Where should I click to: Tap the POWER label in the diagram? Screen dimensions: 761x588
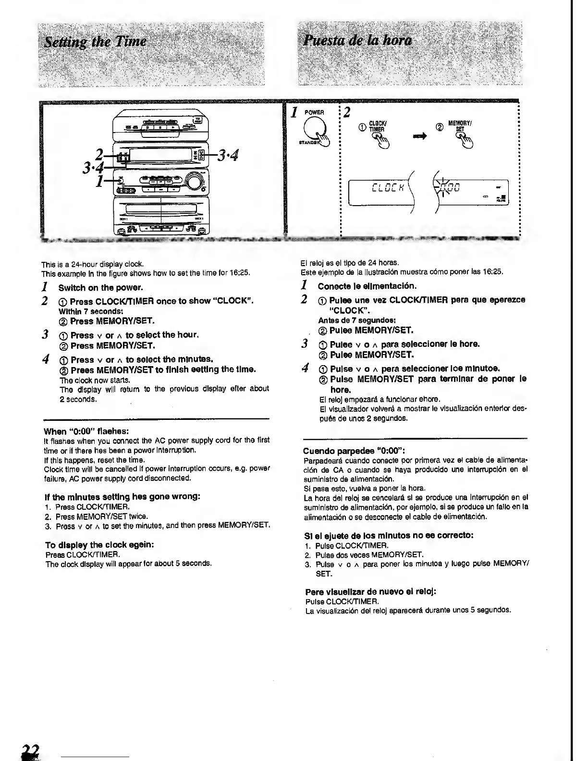[315, 112]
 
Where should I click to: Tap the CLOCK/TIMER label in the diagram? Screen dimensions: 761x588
[377, 126]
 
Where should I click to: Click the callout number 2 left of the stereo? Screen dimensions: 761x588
[99, 154]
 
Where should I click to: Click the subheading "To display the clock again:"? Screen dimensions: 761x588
[99, 545]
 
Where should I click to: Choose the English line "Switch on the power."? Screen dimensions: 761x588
[100, 288]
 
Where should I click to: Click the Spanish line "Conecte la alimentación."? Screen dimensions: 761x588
[367, 286]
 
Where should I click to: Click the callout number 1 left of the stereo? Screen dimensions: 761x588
[99, 181]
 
